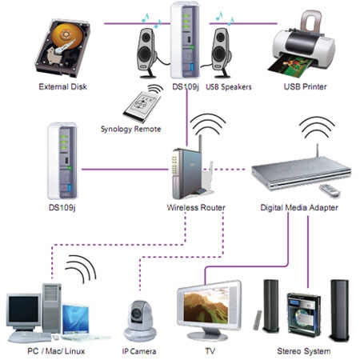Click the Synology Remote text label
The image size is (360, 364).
coord(130,129)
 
